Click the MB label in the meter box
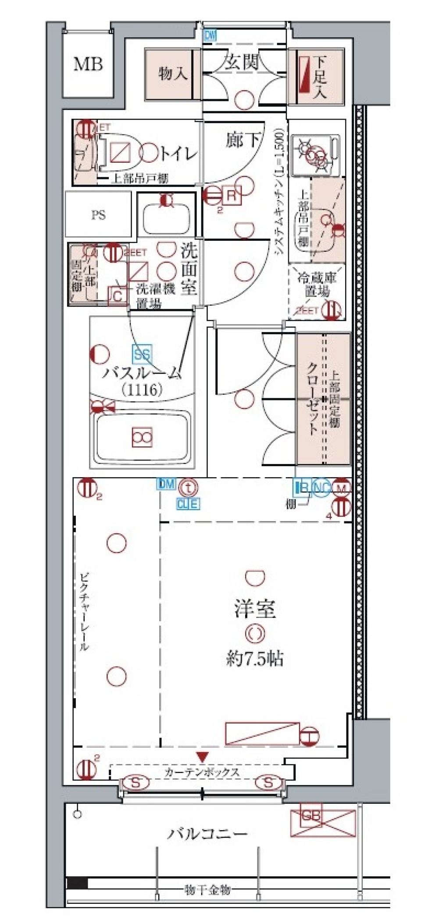pyautogui.click(x=88, y=64)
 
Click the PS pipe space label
pyautogui.click(x=99, y=215)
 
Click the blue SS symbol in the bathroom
pyautogui.click(x=142, y=354)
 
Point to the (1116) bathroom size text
pyautogui.click(x=143, y=389)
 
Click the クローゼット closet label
pyautogui.click(x=311, y=399)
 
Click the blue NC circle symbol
pyautogui.click(x=321, y=488)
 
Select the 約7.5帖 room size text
pyautogui.click(x=255, y=658)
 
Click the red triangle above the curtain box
pyautogui.click(x=202, y=756)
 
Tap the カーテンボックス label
pyautogui.click(x=202, y=773)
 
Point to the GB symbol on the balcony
pyautogui.click(x=311, y=817)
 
